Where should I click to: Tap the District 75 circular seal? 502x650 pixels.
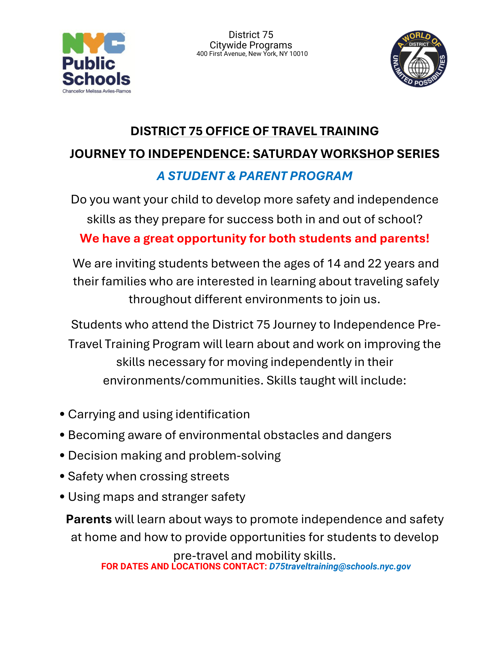418,59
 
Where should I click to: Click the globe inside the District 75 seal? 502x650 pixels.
418,67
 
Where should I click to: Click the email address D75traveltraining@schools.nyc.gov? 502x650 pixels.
340,566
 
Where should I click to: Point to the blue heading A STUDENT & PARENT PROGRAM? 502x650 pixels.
254,176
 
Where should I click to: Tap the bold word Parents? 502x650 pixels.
89,519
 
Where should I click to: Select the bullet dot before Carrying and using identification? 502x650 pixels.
62,415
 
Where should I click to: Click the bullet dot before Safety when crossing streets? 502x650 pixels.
62,477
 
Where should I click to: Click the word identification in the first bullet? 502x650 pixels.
212,414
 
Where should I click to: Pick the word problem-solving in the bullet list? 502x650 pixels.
235,456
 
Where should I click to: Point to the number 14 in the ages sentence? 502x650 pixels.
333,264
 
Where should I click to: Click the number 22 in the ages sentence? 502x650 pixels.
374,264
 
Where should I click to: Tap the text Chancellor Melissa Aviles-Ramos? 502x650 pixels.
97,91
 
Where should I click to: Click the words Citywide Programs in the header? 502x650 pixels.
251,45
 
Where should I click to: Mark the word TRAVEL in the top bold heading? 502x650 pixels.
294,131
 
